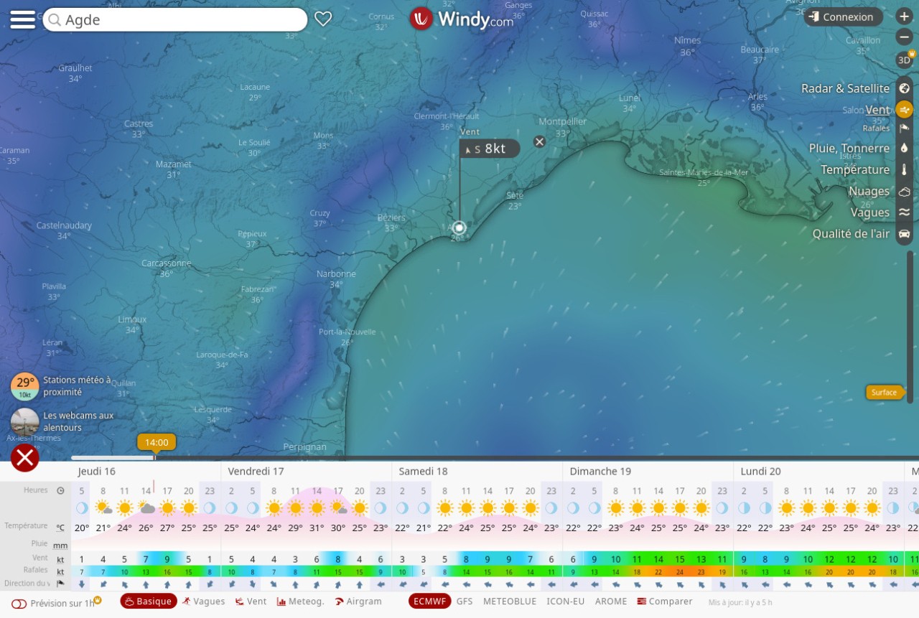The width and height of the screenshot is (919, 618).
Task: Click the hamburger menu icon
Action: [x=22, y=19]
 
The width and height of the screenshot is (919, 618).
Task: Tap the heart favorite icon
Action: [x=323, y=19]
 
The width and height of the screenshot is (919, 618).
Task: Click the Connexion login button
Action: [x=842, y=17]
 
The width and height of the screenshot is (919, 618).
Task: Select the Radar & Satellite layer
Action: [x=845, y=88]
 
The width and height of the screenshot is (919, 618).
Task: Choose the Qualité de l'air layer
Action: [x=851, y=233]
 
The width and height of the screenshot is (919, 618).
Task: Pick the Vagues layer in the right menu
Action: [x=869, y=212]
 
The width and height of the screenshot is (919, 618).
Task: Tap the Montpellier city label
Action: [x=562, y=121]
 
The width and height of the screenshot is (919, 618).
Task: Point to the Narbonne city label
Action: [x=336, y=273]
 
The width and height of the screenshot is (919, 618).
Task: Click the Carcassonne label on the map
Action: [x=167, y=263]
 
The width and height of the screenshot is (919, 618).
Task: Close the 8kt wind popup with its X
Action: [x=539, y=141]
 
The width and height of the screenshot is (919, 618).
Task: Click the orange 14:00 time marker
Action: [x=157, y=442]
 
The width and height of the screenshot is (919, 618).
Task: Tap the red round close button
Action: [x=25, y=458]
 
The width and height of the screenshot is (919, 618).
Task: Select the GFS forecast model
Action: [x=465, y=601]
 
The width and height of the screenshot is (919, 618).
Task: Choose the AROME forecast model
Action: [x=611, y=601]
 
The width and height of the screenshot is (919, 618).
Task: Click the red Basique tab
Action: [x=149, y=601]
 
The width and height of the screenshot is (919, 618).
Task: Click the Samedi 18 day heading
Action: [x=423, y=472]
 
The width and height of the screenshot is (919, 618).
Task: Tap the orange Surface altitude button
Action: [x=884, y=392]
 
